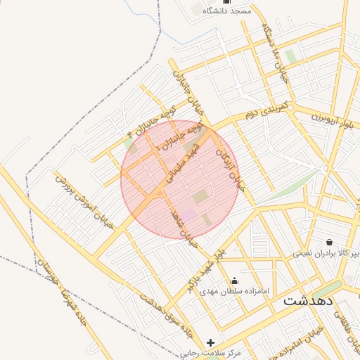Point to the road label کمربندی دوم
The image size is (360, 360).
[x=264, y=111]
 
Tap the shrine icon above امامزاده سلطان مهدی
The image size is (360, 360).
[x=234, y=281]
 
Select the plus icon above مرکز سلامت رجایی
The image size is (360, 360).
[x=210, y=342]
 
